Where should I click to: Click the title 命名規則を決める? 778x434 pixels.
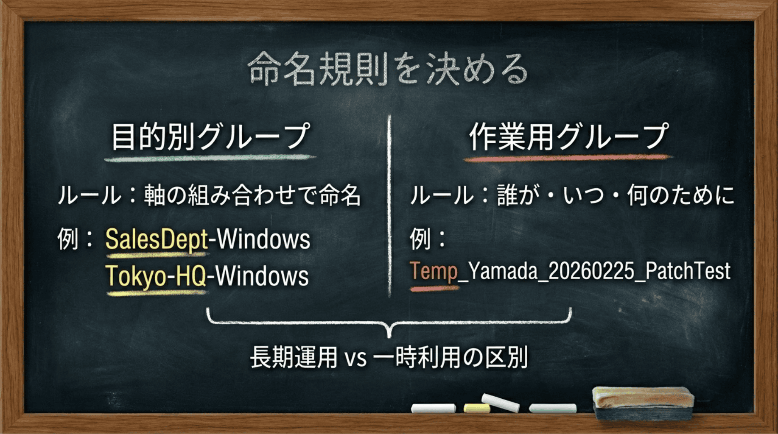click(x=388, y=69)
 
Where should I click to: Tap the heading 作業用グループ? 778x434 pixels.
click(x=568, y=136)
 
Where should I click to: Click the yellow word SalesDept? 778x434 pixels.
click(x=157, y=239)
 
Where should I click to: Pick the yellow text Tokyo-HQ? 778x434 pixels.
click(x=156, y=276)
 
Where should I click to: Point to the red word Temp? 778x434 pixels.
click(x=433, y=271)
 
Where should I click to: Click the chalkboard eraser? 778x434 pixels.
click(x=643, y=403)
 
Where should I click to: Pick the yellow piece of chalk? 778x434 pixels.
click(x=476, y=408)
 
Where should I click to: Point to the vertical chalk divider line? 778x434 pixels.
click(x=389, y=203)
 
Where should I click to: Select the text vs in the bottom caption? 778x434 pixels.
click(x=355, y=358)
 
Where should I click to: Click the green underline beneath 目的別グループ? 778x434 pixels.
click(x=210, y=159)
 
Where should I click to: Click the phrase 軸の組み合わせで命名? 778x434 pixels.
click(x=252, y=195)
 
